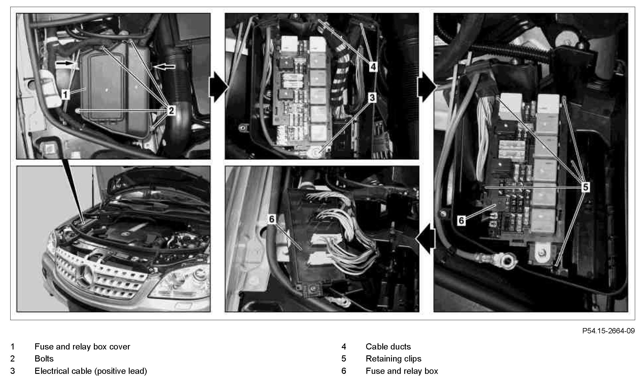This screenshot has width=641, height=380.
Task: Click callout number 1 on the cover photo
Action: (x=65, y=94)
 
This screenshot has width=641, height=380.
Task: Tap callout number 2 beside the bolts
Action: (x=171, y=110)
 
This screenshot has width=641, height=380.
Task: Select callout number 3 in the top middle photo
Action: (x=372, y=97)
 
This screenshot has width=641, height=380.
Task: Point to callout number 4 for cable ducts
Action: (x=373, y=67)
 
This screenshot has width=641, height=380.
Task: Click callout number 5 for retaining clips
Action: (x=585, y=187)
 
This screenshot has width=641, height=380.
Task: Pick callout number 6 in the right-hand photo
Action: (x=461, y=220)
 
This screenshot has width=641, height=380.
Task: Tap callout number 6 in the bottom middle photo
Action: (x=272, y=219)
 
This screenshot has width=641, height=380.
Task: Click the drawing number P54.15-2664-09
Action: (x=608, y=331)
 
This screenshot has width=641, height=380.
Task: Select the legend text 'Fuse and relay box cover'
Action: (x=82, y=347)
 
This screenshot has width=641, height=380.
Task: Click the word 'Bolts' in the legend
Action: (x=44, y=359)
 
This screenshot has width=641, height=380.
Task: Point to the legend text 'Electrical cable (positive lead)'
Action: (x=91, y=371)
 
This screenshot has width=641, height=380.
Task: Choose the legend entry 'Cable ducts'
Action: (x=388, y=347)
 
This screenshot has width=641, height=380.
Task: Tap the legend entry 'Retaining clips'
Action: (x=393, y=359)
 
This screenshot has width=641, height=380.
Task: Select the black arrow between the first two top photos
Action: (x=219, y=87)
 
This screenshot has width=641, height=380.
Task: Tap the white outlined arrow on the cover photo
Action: (x=164, y=67)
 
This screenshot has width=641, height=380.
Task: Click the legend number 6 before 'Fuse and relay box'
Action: (x=344, y=371)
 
